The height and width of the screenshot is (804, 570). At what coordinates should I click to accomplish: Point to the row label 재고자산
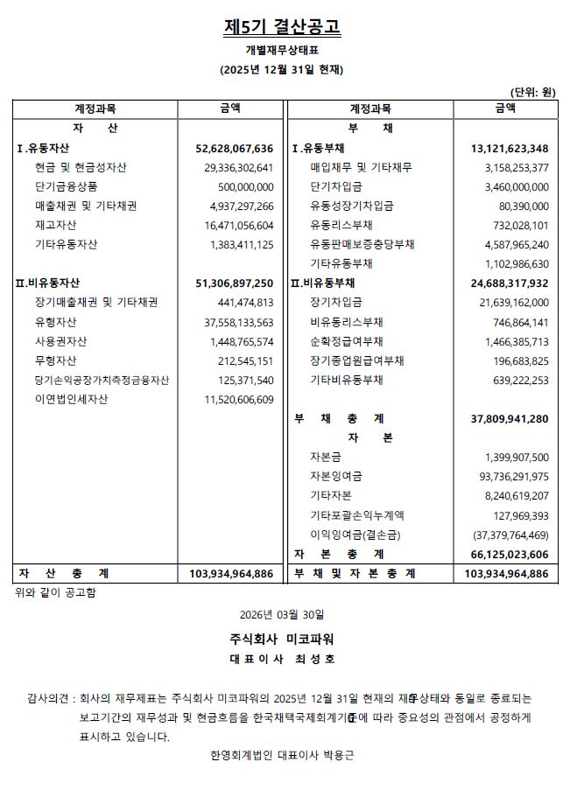(56, 225)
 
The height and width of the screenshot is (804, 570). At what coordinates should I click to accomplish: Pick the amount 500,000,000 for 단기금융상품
(245, 186)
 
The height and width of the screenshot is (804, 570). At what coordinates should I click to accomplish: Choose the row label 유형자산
(56, 322)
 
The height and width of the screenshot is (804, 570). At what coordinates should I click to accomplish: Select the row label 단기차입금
(335, 186)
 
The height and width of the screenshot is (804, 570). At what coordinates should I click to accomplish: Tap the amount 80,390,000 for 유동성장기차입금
(521, 206)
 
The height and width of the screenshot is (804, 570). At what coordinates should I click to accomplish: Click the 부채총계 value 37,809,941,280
(509, 419)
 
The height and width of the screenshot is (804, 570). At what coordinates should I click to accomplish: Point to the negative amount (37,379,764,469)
(504, 535)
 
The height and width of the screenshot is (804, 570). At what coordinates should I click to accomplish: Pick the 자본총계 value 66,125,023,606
(509, 555)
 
